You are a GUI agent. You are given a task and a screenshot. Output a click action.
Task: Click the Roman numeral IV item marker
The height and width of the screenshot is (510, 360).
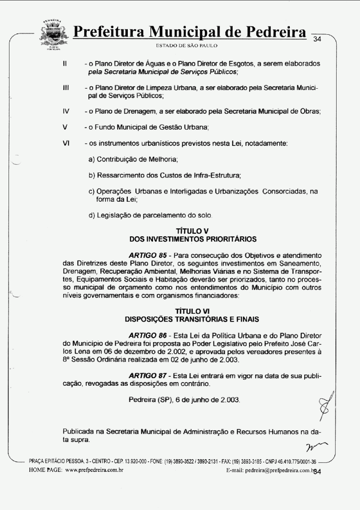[x=66, y=112]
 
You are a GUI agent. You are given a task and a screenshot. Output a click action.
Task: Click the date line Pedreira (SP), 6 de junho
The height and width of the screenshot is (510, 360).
[x=184, y=399]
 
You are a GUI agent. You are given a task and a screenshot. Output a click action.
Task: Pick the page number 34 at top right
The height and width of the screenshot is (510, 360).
[x=317, y=39]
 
